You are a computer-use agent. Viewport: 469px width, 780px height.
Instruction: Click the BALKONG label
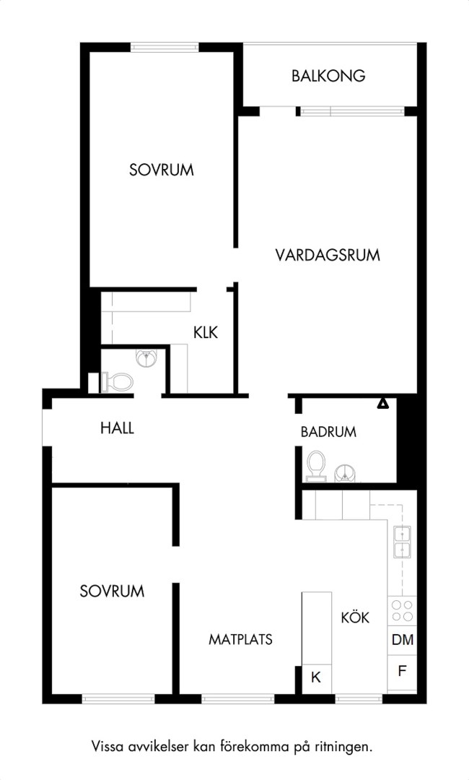(x=328, y=76)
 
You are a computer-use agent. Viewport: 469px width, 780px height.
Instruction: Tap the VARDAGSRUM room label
(x=328, y=255)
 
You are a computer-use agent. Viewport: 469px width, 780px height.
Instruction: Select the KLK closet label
(x=206, y=332)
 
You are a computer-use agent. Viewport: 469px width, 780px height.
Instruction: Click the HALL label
(x=117, y=428)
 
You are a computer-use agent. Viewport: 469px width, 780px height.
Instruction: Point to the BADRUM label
(x=328, y=432)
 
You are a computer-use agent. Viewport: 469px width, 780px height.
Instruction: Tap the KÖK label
(x=355, y=617)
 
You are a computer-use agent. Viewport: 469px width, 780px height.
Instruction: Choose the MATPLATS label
(x=240, y=639)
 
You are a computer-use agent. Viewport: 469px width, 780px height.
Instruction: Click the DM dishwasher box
(x=402, y=640)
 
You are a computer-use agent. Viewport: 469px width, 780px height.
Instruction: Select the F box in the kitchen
(x=402, y=672)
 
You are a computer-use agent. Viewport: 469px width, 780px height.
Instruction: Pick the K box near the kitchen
(x=317, y=677)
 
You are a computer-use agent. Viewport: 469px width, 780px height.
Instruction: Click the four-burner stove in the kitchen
(x=402, y=611)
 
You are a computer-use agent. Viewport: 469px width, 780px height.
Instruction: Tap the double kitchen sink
(x=402, y=542)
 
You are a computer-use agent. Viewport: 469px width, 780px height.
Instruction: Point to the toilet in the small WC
(x=117, y=383)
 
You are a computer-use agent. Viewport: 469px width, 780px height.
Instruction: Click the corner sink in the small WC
(x=146, y=357)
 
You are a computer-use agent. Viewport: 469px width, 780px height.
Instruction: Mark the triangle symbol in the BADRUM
(x=382, y=404)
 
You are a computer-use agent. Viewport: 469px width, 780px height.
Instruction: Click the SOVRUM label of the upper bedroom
(x=162, y=170)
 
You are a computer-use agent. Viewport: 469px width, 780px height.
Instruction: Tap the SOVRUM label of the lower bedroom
(x=113, y=591)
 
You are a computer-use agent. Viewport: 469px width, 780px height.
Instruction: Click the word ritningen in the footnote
(x=343, y=747)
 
